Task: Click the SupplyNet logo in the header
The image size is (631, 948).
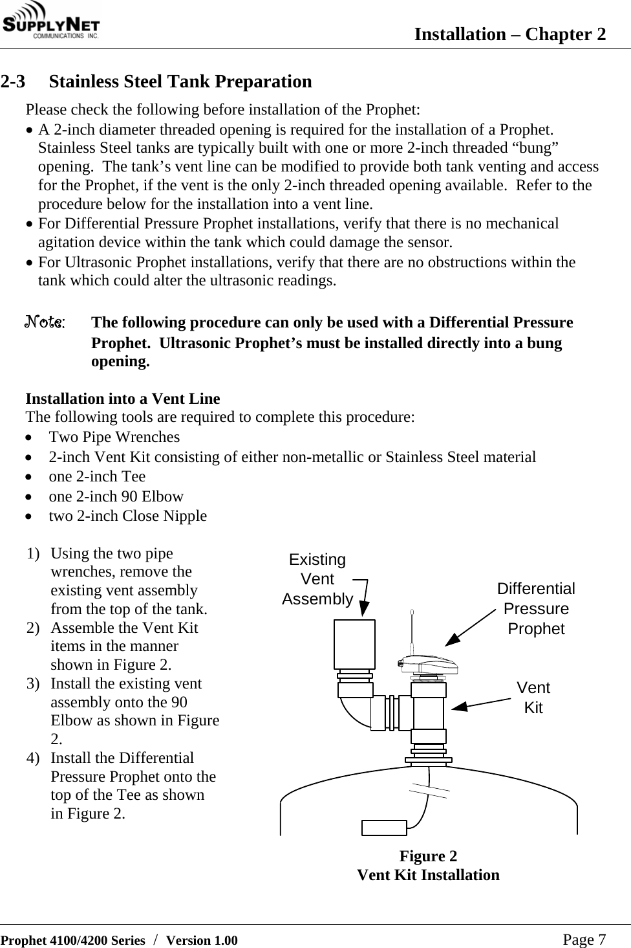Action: tap(51, 23)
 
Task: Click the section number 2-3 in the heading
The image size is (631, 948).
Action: tap(14, 82)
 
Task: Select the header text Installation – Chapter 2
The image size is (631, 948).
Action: tap(509, 34)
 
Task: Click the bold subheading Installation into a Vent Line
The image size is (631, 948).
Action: tap(122, 399)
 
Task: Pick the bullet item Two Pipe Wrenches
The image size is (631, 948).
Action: tap(114, 437)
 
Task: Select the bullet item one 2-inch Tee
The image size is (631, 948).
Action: tap(97, 476)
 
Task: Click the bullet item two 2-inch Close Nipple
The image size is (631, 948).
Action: tap(127, 516)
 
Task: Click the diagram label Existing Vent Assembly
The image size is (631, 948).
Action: tap(317, 579)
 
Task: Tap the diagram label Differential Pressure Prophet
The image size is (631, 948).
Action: tap(536, 609)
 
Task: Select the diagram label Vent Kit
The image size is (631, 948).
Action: tap(533, 698)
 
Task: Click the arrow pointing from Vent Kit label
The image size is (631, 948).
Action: tap(482, 704)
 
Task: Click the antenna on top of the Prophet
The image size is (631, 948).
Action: tap(412, 631)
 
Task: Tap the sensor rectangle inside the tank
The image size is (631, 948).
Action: tap(384, 828)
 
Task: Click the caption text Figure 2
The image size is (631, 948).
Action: tap(428, 856)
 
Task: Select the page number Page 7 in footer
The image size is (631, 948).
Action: tap(584, 940)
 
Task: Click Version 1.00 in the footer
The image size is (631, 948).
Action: tap(202, 940)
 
